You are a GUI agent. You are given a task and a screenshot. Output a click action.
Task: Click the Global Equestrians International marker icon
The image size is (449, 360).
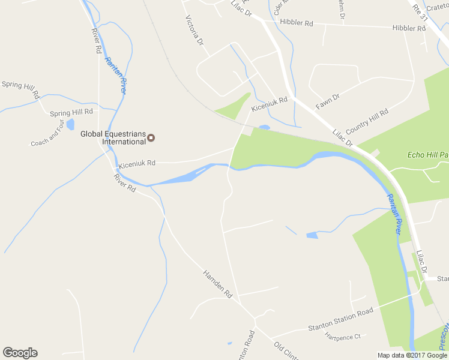click(151, 138)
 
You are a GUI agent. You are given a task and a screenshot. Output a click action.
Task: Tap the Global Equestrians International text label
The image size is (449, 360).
click(113, 138)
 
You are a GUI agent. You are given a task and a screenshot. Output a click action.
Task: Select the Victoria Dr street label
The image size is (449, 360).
click(195, 31)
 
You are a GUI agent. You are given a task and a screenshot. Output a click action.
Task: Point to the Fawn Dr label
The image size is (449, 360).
click(328, 101)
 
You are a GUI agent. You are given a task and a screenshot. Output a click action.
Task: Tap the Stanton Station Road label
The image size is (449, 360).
click(340, 319)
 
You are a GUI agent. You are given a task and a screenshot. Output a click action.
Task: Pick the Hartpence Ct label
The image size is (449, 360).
click(342, 337)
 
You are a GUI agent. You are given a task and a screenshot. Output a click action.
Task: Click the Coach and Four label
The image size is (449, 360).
click(48, 133)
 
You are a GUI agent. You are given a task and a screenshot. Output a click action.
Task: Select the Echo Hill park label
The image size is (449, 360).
click(428, 155)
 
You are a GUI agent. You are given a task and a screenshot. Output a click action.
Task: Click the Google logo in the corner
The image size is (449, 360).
click(20, 353)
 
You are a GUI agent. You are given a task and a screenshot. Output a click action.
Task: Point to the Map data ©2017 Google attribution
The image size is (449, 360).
click(412, 355)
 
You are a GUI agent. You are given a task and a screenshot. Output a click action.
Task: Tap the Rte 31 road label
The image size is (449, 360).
click(419, 11)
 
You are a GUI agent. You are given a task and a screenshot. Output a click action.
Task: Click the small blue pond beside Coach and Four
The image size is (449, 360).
click(71, 124)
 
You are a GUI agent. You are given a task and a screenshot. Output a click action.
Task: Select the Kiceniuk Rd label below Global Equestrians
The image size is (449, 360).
click(137, 163)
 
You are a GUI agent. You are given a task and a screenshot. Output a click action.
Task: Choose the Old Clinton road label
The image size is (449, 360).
click(286, 350)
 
